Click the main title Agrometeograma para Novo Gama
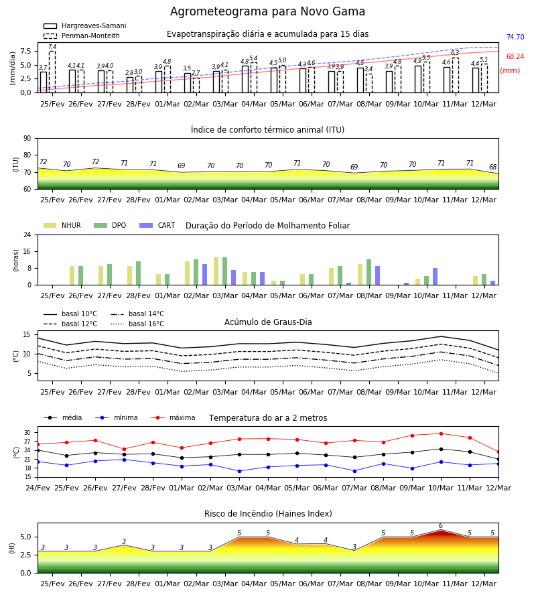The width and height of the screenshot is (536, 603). coord(267,11)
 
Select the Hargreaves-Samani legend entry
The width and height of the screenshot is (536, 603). coord(84,25)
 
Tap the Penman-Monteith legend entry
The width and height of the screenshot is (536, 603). coord(82,36)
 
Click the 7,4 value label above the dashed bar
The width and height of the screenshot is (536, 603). coord(52,47)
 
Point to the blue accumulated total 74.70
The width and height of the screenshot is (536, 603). coord(515,37)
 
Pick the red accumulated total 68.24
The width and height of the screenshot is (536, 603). coord(515,56)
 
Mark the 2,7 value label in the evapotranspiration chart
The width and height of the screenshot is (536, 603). coord(196,73)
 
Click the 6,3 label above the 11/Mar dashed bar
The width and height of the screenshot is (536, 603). coord(455,53)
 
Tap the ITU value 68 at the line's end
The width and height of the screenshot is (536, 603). coord(493,167)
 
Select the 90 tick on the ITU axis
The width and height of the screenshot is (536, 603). coord(27,139)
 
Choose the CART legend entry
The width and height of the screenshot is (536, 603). coord(157,225)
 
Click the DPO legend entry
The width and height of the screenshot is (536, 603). coord(110,225)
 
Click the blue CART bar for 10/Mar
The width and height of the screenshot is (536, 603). coord(435,277)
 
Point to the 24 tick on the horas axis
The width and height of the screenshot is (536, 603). coord(27,234)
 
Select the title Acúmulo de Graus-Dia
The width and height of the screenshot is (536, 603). coord(268,322)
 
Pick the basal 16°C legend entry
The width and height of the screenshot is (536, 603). coord(137,324)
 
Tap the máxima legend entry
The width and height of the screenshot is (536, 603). coord(173,417)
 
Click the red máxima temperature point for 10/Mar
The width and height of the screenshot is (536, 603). coord(441,433)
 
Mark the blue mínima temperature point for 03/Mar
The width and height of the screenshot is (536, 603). coord(240,471)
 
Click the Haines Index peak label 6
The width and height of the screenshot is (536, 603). coord(441,526)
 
